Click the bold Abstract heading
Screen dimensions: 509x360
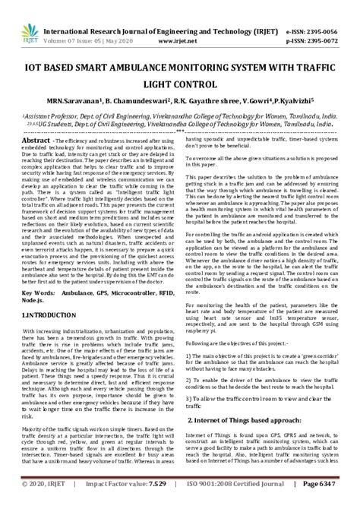(x=36, y=141)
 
